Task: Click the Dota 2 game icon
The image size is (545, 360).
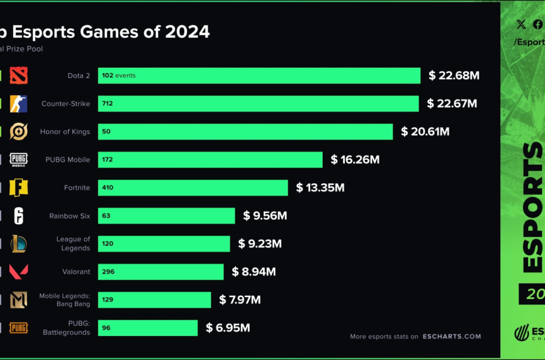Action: click(x=19, y=75)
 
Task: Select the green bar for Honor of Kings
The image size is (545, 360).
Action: click(x=245, y=131)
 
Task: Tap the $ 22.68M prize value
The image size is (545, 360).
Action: click(x=453, y=76)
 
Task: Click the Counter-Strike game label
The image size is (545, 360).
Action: click(x=66, y=104)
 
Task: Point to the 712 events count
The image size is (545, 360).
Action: click(x=107, y=104)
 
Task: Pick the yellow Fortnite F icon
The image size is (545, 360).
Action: click(x=19, y=188)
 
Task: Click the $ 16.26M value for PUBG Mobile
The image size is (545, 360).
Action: click(x=355, y=160)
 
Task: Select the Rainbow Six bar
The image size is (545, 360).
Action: click(x=166, y=216)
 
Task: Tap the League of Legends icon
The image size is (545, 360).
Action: click(x=19, y=244)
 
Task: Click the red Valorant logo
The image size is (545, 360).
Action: click(x=19, y=272)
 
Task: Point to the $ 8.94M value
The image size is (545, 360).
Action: click(x=253, y=272)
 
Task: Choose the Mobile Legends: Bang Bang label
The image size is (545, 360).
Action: click(x=64, y=299)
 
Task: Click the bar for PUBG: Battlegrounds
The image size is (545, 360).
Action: click(x=148, y=328)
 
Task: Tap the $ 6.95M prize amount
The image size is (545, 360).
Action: click(x=228, y=328)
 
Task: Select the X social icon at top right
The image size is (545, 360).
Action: click(x=521, y=24)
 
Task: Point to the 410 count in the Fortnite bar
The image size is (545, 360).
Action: click(x=107, y=188)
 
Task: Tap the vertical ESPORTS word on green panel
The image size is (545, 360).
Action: click(x=533, y=207)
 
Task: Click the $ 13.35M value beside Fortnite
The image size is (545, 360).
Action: click(x=320, y=188)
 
